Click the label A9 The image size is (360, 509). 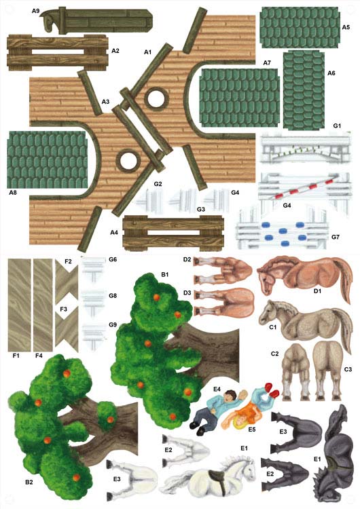click(x=35, y=11)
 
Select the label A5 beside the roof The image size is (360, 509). click(x=346, y=27)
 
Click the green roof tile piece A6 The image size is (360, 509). click(x=304, y=90)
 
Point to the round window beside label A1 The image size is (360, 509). click(x=156, y=98)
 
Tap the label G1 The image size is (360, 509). click(x=338, y=126)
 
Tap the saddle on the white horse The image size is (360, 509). click(x=217, y=479)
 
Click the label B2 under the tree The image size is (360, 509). click(x=29, y=482)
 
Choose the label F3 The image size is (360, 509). click(x=63, y=309)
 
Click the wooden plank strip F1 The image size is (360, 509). click(x=19, y=305)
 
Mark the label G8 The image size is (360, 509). click(x=113, y=296)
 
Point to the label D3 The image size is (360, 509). click(x=187, y=293)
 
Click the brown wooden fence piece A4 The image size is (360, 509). click(x=173, y=233)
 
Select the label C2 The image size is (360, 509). click(x=275, y=354)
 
